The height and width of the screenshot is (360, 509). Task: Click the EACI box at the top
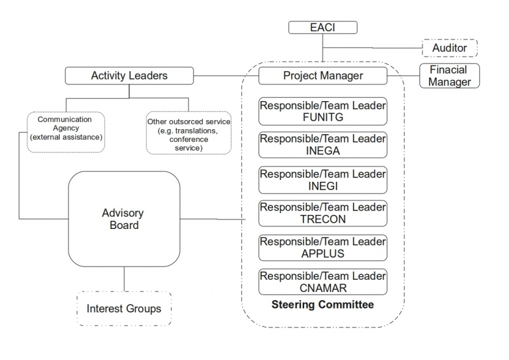pos(323,27)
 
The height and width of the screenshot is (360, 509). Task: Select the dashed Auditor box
pos(450,48)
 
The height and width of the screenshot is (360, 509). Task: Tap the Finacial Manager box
pos(449,76)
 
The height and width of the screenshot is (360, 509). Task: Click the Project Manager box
pos(323,76)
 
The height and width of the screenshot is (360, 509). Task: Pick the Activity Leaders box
pos(129,76)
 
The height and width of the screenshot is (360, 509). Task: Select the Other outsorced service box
pos(188,134)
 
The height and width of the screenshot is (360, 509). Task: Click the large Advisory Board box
pos(123,219)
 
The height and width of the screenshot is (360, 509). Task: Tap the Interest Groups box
pos(124,309)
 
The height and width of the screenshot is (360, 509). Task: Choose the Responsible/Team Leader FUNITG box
pos(323,111)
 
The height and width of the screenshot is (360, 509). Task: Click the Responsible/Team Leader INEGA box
pos(323,145)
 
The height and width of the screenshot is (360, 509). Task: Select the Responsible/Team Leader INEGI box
pos(323,179)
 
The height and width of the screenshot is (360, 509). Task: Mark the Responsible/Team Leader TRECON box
pos(323,213)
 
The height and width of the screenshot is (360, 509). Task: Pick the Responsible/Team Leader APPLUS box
pos(323,247)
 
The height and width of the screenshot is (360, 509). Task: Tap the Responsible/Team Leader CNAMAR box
pos(323,282)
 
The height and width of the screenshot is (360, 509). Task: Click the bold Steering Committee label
pos(323,305)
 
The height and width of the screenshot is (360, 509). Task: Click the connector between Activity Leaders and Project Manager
pos(226,76)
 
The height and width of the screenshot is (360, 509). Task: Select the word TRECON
pos(323,219)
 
